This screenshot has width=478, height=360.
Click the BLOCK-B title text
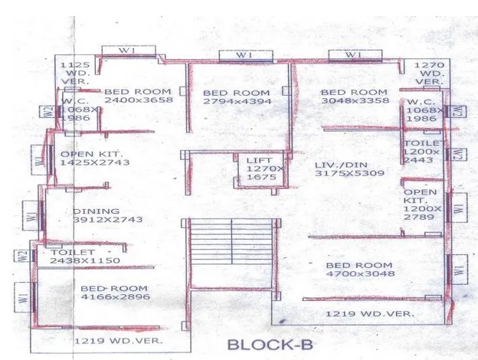pyautogui.click(x=260, y=345)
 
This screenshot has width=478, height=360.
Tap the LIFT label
pyautogui.click(x=254, y=161)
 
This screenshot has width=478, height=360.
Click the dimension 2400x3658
pyautogui.click(x=139, y=100)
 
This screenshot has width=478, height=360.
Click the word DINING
pyautogui.click(x=97, y=211)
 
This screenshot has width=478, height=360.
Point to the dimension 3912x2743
pyautogui.click(x=107, y=220)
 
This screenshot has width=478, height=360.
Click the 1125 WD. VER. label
pyautogui.click(x=75, y=73)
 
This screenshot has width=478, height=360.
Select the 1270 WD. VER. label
pyautogui.click(x=429, y=73)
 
